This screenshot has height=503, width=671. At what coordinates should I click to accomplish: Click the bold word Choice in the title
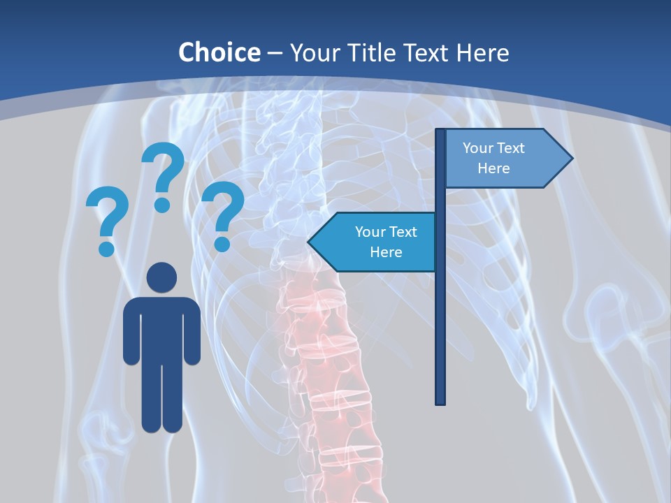point(219,52)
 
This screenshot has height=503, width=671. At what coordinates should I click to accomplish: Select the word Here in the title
point(482,52)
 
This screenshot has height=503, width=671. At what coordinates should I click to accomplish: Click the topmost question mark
point(164,175)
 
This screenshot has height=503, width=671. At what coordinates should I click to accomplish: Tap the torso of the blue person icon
point(161,328)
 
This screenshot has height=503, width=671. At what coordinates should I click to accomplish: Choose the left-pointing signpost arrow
point(374,242)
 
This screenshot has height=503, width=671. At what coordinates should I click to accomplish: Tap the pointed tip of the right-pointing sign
point(571,159)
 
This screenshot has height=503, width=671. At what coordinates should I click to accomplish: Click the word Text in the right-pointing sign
point(512,148)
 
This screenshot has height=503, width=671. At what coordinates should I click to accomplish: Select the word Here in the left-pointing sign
point(386,252)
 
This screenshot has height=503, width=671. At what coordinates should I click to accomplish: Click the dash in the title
point(275,54)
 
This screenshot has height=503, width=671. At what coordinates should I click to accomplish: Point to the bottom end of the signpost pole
point(440,402)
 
